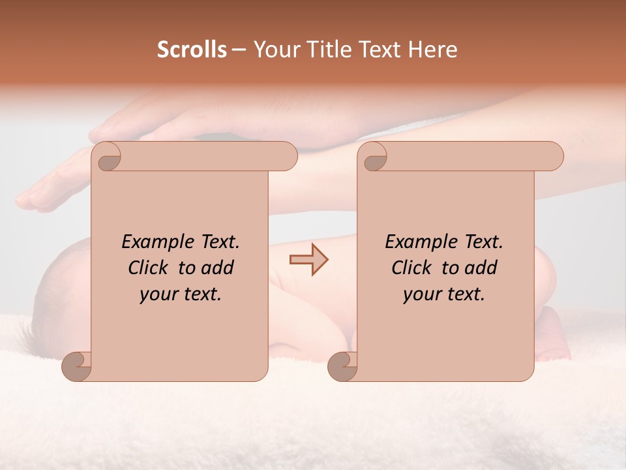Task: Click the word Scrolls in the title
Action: pyautogui.click(x=192, y=50)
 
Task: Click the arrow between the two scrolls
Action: pyautogui.click(x=308, y=260)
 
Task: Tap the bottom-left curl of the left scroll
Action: pyautogui.click(x=77, y=366)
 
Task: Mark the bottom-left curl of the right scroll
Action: pyautogui.click(x=343, y=366)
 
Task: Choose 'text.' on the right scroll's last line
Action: pyautogui.click(x=464, y=294)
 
